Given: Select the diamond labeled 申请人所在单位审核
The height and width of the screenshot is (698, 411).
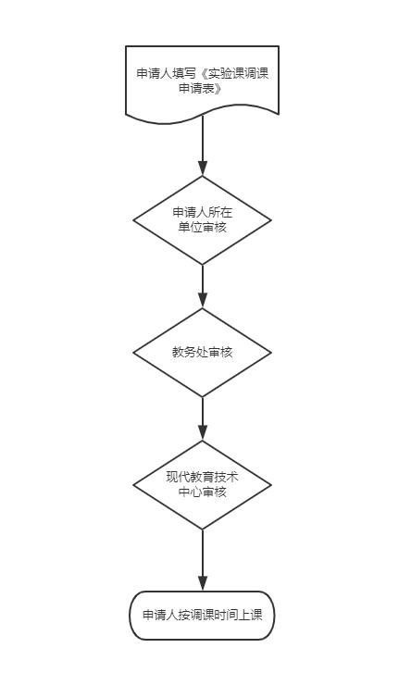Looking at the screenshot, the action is pyautogui.click(x=202, y=220).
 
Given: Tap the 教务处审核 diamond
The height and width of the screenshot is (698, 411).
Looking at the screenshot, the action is pyautogui.click(x=202, y=353).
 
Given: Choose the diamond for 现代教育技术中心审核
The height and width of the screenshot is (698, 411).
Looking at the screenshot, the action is pyautogui.click(x=202, y=485).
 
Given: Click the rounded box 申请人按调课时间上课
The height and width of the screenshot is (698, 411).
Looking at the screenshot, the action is pyautogui.click(x=202, y=616).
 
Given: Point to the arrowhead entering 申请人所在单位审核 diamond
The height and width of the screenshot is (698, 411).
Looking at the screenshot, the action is pyautogui.click(x=203, y=168).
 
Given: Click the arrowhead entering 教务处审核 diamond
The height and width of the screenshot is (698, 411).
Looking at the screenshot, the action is pyautogui.click(x=203, y=301).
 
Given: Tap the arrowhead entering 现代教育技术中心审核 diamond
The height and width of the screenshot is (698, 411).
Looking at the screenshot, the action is pyautogui.click(x=203, y=433).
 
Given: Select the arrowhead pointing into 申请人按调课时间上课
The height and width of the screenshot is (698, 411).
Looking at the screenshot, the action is pyautogui.click(x=203, y=584).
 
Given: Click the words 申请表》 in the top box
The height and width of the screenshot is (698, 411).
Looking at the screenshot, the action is pyautogui.click(x=200, y=88).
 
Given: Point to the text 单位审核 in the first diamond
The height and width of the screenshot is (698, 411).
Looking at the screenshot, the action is pyautogui.click(x=203, y=227).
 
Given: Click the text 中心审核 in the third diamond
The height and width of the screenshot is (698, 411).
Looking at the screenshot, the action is pyautogui.click(x=203, y=492).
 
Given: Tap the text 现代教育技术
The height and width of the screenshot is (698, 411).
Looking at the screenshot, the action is pyautogui.click(x=203, y=477).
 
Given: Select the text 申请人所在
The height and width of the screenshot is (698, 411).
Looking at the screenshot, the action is pyautogui.click(x=203, y=212).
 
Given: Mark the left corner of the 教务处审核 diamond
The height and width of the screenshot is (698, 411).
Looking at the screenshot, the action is pyautogui.click(x=133, y=353).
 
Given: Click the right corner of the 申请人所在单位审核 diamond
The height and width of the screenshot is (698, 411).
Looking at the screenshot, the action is pyautogui.click(x=271, y=220).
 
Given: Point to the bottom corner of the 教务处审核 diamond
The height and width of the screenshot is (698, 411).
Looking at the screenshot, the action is pyautogui.click(x=203, y=397).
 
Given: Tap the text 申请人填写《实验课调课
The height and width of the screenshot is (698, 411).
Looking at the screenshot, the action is pyautogui.click(x=203, y=74).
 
